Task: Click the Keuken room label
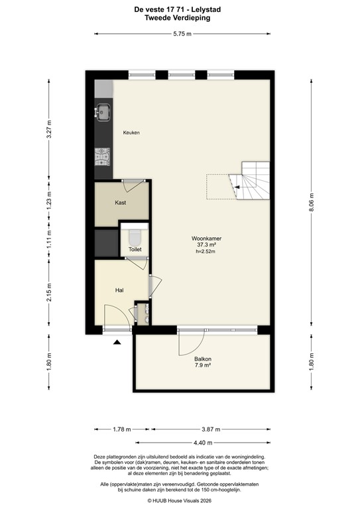click(131, 133)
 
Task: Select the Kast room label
click(121, 202)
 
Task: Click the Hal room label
click(119, 290)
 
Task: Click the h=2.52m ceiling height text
click(206, 251)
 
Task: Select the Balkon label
click(202, 359)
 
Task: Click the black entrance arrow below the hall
click(117, 342)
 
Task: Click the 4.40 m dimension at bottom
click(203, 442)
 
